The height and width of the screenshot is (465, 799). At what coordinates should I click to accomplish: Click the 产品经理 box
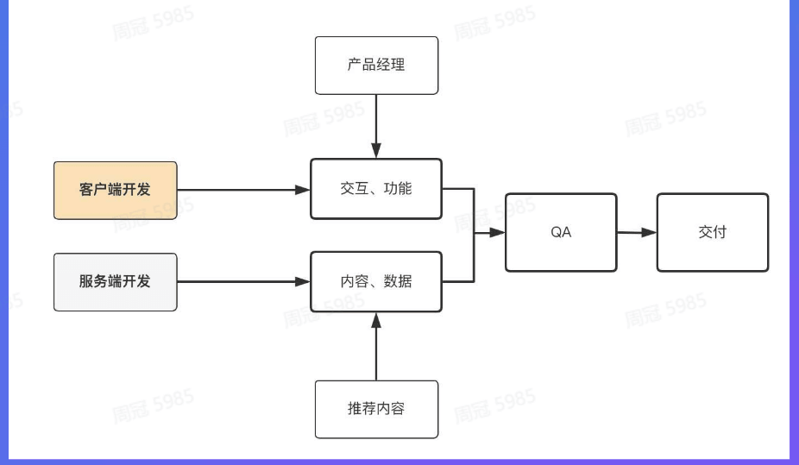click(x=376, y=65)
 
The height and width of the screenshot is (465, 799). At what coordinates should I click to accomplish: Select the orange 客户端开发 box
click(x=115, y=190)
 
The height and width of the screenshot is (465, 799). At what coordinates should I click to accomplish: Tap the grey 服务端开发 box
click(x=115, y=281)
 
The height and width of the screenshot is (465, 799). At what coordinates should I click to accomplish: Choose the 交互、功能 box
click(x=376, y=189)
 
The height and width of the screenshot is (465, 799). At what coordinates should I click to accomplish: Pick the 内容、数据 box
click(x=376, y=281)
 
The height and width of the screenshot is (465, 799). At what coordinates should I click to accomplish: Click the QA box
click(x=561, y=232)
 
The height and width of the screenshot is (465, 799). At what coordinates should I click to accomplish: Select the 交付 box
click(x=712, y=232)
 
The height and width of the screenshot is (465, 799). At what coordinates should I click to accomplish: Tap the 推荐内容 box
click(x=376, y=408)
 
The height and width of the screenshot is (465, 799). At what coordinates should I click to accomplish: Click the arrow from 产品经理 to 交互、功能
click(x=376, y=121)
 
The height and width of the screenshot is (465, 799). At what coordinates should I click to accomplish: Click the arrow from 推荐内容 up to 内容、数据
click(x=376, y=349)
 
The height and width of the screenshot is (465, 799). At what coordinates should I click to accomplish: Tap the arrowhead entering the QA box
click(x=498, y=232)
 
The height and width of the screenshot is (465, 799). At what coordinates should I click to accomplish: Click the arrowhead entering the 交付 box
click(x=649, y=232)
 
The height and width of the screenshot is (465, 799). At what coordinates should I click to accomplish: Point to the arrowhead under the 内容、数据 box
click(x=376, y=319)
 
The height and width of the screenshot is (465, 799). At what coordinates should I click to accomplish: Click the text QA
click(x=561, y=232)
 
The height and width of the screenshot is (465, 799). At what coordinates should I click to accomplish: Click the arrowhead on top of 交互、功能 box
click(x=376, y=151)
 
